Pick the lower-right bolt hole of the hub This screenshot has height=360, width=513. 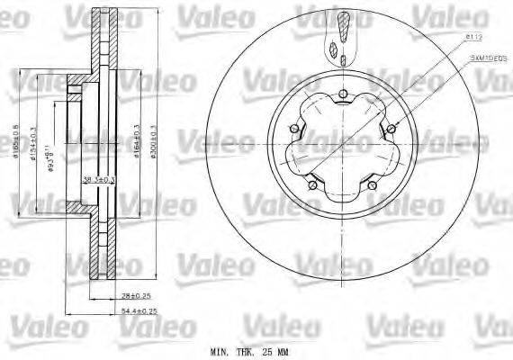click(x=372, y=186)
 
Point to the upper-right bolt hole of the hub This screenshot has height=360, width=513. click(x=393, y=130)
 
